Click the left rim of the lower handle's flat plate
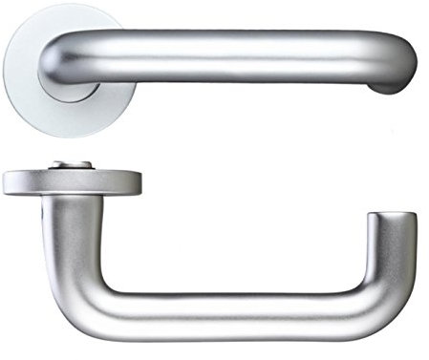(6, 182)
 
